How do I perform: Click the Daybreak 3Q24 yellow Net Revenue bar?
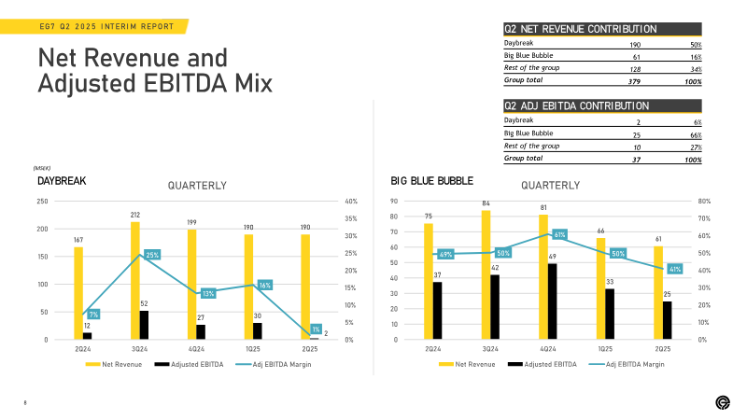click(135, 281)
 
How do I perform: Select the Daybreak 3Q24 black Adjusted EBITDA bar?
click(144, 325)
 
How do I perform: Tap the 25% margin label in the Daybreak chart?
click(152, 255)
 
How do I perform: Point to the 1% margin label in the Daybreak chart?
click(316, 329)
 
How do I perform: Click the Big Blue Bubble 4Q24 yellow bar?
click(543, 277)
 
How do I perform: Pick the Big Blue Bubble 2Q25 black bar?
click(667, 320)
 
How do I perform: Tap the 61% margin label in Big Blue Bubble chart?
click(559, 235)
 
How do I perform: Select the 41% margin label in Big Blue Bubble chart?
click(675, 269)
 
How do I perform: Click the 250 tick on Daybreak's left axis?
click(42, 202)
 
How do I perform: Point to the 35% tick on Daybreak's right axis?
click(351, 218)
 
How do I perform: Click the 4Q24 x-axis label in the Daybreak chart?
click(196, 349)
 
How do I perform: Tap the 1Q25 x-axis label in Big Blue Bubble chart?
click(605, 349)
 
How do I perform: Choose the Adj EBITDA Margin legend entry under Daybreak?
click(274, 364)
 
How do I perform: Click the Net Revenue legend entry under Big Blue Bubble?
click(467, 364)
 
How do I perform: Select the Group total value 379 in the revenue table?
click(634, 81)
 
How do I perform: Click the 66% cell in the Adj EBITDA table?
click(696, 135)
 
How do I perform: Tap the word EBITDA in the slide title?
click(185, 83)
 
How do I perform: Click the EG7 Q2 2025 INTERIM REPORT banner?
click(94, 26)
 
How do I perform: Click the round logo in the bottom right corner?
click(723, 403)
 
